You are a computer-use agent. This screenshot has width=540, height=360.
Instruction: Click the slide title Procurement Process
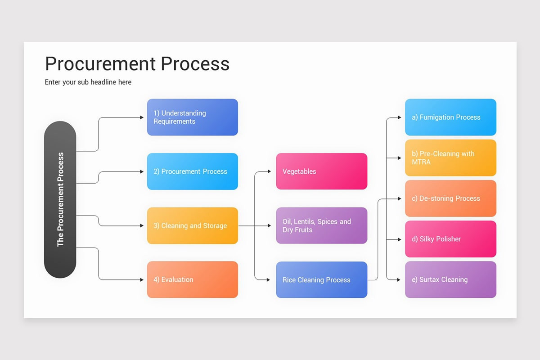(x=137, y=64)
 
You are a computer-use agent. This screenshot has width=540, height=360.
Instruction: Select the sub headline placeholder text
(x=88, y=82)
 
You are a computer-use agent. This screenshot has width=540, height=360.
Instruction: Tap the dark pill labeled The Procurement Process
(x=60, y=199)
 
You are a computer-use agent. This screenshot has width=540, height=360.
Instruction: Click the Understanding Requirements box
(x=193, y=117)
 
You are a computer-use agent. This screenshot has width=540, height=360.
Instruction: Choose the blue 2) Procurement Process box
(x=193, y=171)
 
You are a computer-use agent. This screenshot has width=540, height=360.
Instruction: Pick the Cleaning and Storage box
(x=193, y=226)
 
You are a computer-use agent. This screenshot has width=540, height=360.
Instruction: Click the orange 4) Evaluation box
(x=193, y=280)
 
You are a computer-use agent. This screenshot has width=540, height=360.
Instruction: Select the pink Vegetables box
(x=322, y=171)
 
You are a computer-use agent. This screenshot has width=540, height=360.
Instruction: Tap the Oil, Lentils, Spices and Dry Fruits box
(x=322, y=225)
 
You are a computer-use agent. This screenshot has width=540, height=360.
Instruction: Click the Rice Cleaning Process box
(x=322, y=280)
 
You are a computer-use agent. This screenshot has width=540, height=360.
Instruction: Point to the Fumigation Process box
(x=450, y=117)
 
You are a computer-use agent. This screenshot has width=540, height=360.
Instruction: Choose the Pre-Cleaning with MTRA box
(x=450, y=157)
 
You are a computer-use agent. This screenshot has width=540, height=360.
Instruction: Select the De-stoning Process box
(x=450, y=198)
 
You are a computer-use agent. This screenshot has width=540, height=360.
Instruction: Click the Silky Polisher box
(x=450, y=239)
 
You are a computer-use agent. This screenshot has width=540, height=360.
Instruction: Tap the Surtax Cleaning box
(x=450, y=280)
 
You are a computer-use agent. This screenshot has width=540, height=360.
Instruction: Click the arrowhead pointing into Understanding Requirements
(x=142, y=117)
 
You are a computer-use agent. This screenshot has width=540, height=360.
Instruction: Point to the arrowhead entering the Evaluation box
(x=142, y=280)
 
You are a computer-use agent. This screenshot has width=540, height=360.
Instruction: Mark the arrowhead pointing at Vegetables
(x=269, y=171)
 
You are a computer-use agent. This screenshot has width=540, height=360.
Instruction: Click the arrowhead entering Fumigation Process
(x=400, y=117)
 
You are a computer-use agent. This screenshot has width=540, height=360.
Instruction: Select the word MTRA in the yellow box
(x=421, y=162)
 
